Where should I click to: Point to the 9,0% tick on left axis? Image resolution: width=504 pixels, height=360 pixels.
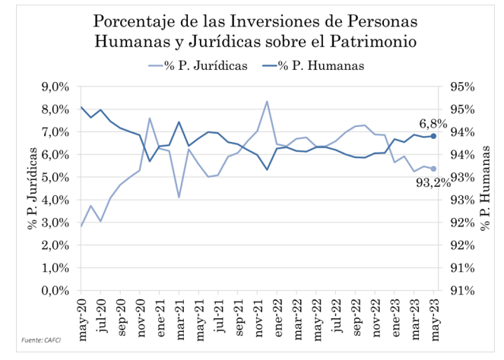[x=60, y=87]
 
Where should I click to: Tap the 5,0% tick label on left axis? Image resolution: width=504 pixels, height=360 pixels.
[x=60, y=177]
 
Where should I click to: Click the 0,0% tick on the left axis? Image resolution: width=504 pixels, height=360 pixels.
[x=60, y=291]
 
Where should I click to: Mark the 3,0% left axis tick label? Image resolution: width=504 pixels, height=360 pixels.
[x=60, y=223]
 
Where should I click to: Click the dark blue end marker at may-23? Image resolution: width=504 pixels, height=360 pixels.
[x=433, y=136]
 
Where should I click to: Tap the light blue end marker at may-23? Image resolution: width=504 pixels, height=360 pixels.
[x=433, y=169]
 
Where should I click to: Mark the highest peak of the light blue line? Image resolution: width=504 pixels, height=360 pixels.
[x=267, y=101]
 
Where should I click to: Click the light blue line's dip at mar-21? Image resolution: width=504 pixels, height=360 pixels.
[x=179, y=197]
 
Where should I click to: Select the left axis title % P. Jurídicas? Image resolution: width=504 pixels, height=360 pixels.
[x=33, y=188]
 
